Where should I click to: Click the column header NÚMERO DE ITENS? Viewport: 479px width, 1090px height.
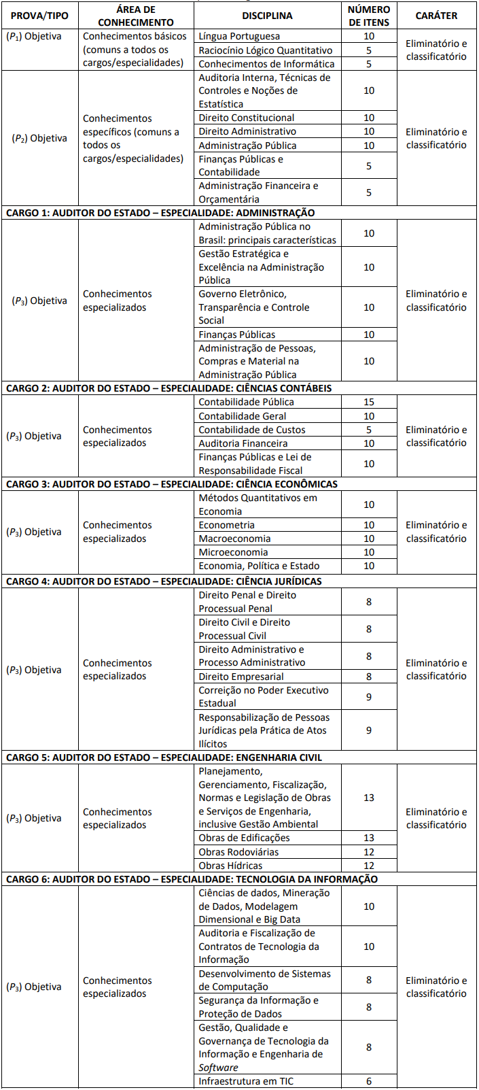[369, 16]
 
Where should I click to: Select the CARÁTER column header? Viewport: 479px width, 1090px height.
[436, 16]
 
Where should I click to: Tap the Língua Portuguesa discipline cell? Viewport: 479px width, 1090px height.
[239, 36]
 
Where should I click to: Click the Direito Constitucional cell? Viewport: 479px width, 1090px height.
[247, 118]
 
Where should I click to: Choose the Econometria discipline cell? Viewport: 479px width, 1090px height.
[227, 525]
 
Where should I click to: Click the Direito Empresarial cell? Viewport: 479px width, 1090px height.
[241, 677]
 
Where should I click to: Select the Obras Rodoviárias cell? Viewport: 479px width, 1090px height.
[238, 852]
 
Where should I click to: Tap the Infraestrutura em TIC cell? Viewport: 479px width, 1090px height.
[246, 1081]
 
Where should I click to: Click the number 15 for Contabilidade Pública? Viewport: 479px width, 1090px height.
[369, 402]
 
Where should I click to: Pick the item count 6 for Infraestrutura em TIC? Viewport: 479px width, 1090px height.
[369, 1081]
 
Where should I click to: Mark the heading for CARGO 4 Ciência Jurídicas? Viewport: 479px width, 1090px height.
[164, 581]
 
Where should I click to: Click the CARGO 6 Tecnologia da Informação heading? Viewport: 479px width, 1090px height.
[192, 879]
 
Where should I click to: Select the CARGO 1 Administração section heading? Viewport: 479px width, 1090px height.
[160, 213]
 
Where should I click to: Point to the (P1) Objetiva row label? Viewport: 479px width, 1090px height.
[33, 36]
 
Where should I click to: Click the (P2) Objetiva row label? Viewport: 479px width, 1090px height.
[39, 138]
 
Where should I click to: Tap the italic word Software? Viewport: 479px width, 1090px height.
[218, 1068]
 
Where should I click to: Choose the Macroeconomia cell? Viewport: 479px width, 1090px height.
[234, 539]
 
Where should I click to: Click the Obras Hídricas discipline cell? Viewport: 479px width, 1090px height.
[231, 866]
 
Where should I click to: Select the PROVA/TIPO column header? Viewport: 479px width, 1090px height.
[39, 16]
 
